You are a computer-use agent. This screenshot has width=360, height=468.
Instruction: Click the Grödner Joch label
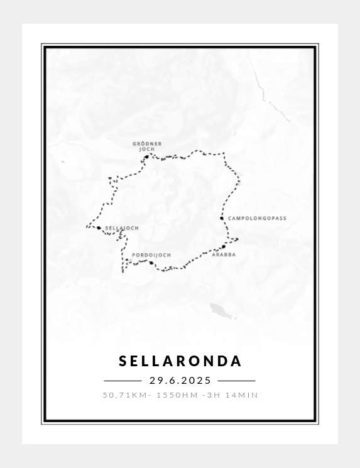coord(147,146)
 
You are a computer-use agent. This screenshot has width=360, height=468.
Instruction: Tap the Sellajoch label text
coord(122,228)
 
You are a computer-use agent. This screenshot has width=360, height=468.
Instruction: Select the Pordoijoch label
coord(151,255)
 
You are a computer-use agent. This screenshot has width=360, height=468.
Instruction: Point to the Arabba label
coord(224,255)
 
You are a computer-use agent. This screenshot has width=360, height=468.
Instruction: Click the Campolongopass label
coord(257,219)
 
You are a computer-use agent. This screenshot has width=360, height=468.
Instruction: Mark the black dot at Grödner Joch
coord(147,157)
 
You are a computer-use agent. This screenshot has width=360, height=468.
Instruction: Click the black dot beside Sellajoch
coord(99,228)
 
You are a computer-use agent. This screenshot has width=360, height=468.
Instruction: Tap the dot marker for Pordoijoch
coord(151,263)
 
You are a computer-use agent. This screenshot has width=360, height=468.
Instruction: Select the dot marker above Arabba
coord(223,247)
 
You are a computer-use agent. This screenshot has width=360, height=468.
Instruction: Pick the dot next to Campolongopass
coord(222,219)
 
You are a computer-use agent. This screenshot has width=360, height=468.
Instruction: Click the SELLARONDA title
coord(180,361)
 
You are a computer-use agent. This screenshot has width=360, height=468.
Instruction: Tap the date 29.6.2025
coord(180,381)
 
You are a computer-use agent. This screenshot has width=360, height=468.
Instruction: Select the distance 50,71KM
coord(123,395)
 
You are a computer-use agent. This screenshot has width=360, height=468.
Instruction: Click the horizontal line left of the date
coord(123,381)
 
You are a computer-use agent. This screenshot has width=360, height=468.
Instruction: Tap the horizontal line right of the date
coord(236,381)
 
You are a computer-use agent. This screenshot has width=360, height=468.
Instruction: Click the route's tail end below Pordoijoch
coord(123,271)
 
